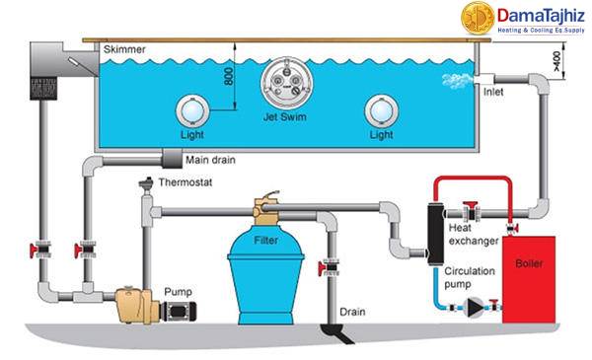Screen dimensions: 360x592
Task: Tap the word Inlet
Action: (494, 94)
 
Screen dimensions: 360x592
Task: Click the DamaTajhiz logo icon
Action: (478, 18)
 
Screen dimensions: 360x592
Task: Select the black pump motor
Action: (178, 306)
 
